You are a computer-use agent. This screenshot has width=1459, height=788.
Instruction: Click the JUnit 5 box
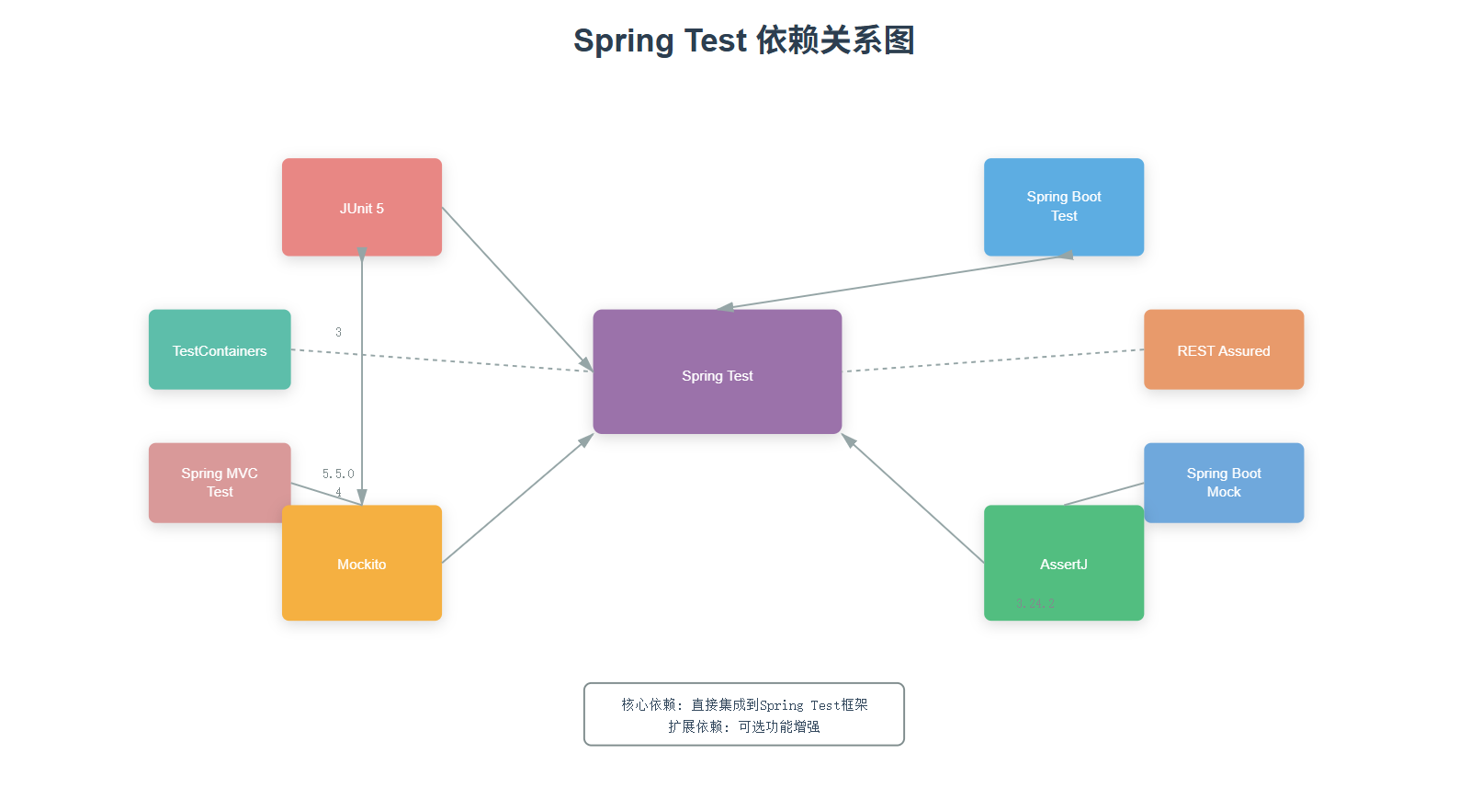click(x=361, y=207)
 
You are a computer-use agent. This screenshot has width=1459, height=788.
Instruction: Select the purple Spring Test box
click(x=717, y=371)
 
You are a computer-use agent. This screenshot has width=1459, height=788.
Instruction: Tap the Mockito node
click(x=361, y=563)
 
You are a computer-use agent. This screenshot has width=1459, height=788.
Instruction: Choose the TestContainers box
click(x=220, y=349)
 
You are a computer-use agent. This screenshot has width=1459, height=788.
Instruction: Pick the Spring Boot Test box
click(x=1063, y=207)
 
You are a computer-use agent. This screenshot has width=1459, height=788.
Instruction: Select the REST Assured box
click(x=1223, y=349)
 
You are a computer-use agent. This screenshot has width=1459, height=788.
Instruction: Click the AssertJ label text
click(x=1063, y=565)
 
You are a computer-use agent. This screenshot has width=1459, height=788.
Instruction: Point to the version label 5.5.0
click(x=338, y=474)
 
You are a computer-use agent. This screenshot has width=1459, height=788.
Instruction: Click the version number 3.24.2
click(x=1035, y=603)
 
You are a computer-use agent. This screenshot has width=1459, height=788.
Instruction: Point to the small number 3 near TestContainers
click(x=338, y=332)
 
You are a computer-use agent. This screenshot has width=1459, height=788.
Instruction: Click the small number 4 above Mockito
click(x=338, y=493)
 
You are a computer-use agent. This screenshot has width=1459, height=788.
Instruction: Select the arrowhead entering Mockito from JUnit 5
click(x=362, y=497)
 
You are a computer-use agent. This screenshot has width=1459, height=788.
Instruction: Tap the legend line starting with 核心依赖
click(x=744, y=704)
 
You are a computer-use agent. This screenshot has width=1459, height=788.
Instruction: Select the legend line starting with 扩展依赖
click(x=744, y=726)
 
